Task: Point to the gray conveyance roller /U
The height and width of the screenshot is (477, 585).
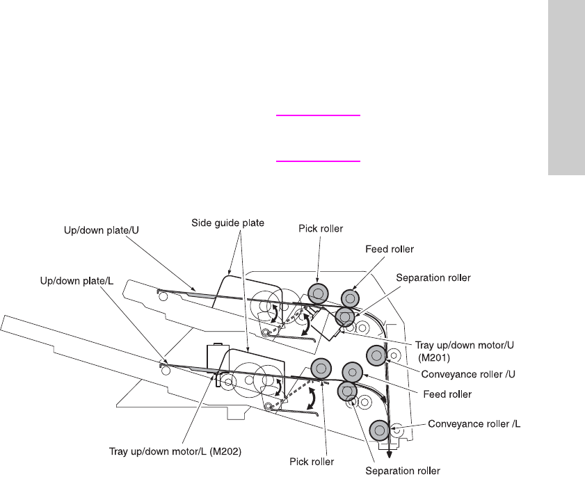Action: (376, 355)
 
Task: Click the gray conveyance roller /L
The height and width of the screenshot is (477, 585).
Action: (379, 430)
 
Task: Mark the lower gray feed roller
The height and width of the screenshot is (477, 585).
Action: (352, 371)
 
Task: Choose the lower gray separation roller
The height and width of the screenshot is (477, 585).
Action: (347, 391)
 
